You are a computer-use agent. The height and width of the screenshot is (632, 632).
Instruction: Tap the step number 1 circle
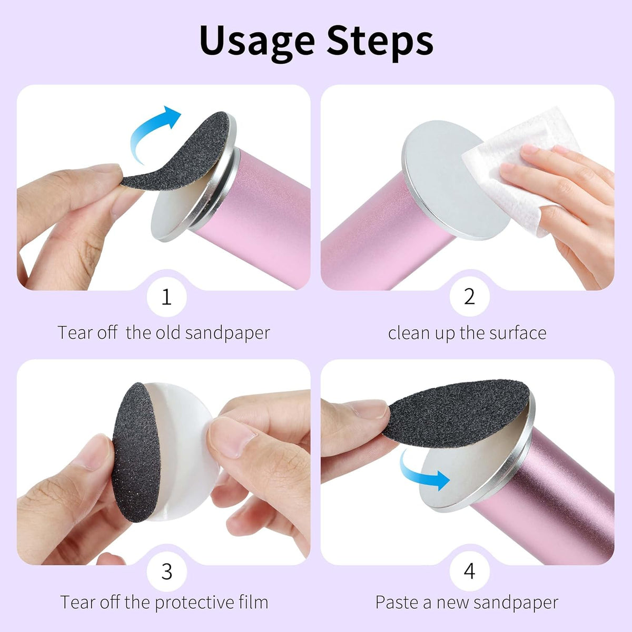pyautogui.click(x=166, y=297)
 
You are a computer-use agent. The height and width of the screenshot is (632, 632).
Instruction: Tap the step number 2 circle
pyautogui.click(x=469, y=297)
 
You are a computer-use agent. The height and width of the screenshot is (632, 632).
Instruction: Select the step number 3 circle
pyautogui.click(x=166, y=571)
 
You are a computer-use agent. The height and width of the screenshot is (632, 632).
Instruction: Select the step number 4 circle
pyautogui.click(x=469, y=571)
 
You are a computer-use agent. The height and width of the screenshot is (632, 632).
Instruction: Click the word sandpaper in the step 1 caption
pyautogui.click(x=228, y=333)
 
